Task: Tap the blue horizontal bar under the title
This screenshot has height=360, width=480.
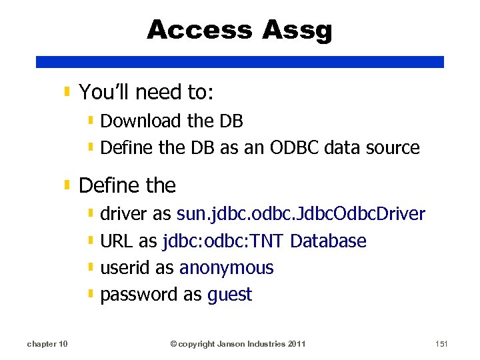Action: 240,61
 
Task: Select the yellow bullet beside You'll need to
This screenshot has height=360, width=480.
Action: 68,91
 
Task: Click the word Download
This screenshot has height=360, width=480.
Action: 141,121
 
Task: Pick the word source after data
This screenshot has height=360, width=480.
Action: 393,148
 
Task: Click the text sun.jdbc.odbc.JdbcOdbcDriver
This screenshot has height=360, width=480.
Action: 301,215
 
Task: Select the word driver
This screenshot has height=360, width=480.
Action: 124,215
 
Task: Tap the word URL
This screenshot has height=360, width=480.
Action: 117,241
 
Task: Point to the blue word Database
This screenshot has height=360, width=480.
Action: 329,241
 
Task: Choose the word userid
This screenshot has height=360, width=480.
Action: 125,268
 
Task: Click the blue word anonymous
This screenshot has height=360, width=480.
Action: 227,268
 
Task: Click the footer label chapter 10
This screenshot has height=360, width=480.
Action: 47,344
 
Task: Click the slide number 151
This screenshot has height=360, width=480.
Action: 441,344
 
